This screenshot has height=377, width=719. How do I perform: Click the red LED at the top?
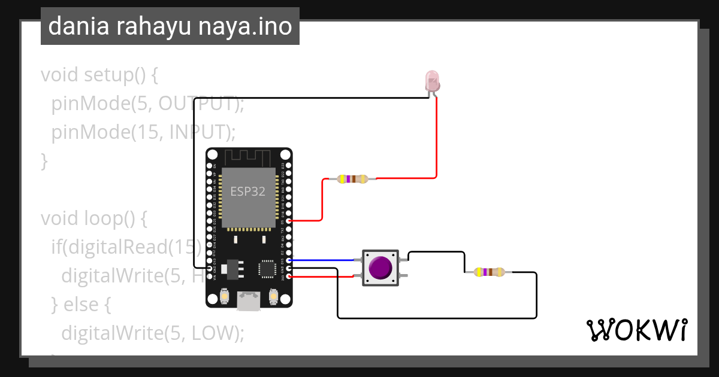431,80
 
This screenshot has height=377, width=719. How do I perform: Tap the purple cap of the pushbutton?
380,267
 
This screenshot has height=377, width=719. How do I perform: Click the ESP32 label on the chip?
248,192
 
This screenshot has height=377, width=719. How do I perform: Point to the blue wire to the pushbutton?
324,260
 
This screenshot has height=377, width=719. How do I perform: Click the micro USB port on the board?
249,301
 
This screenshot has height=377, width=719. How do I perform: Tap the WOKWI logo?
636,330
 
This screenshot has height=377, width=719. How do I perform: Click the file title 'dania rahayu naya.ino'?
170,26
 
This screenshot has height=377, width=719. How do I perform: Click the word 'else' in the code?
79,305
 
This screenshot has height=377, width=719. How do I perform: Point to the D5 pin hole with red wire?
289,221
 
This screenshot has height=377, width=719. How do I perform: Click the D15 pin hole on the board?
289,260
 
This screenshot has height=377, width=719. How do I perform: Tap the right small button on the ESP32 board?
273,296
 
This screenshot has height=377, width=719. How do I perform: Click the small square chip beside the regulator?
266,269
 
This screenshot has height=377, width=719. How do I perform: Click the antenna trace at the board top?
249,157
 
